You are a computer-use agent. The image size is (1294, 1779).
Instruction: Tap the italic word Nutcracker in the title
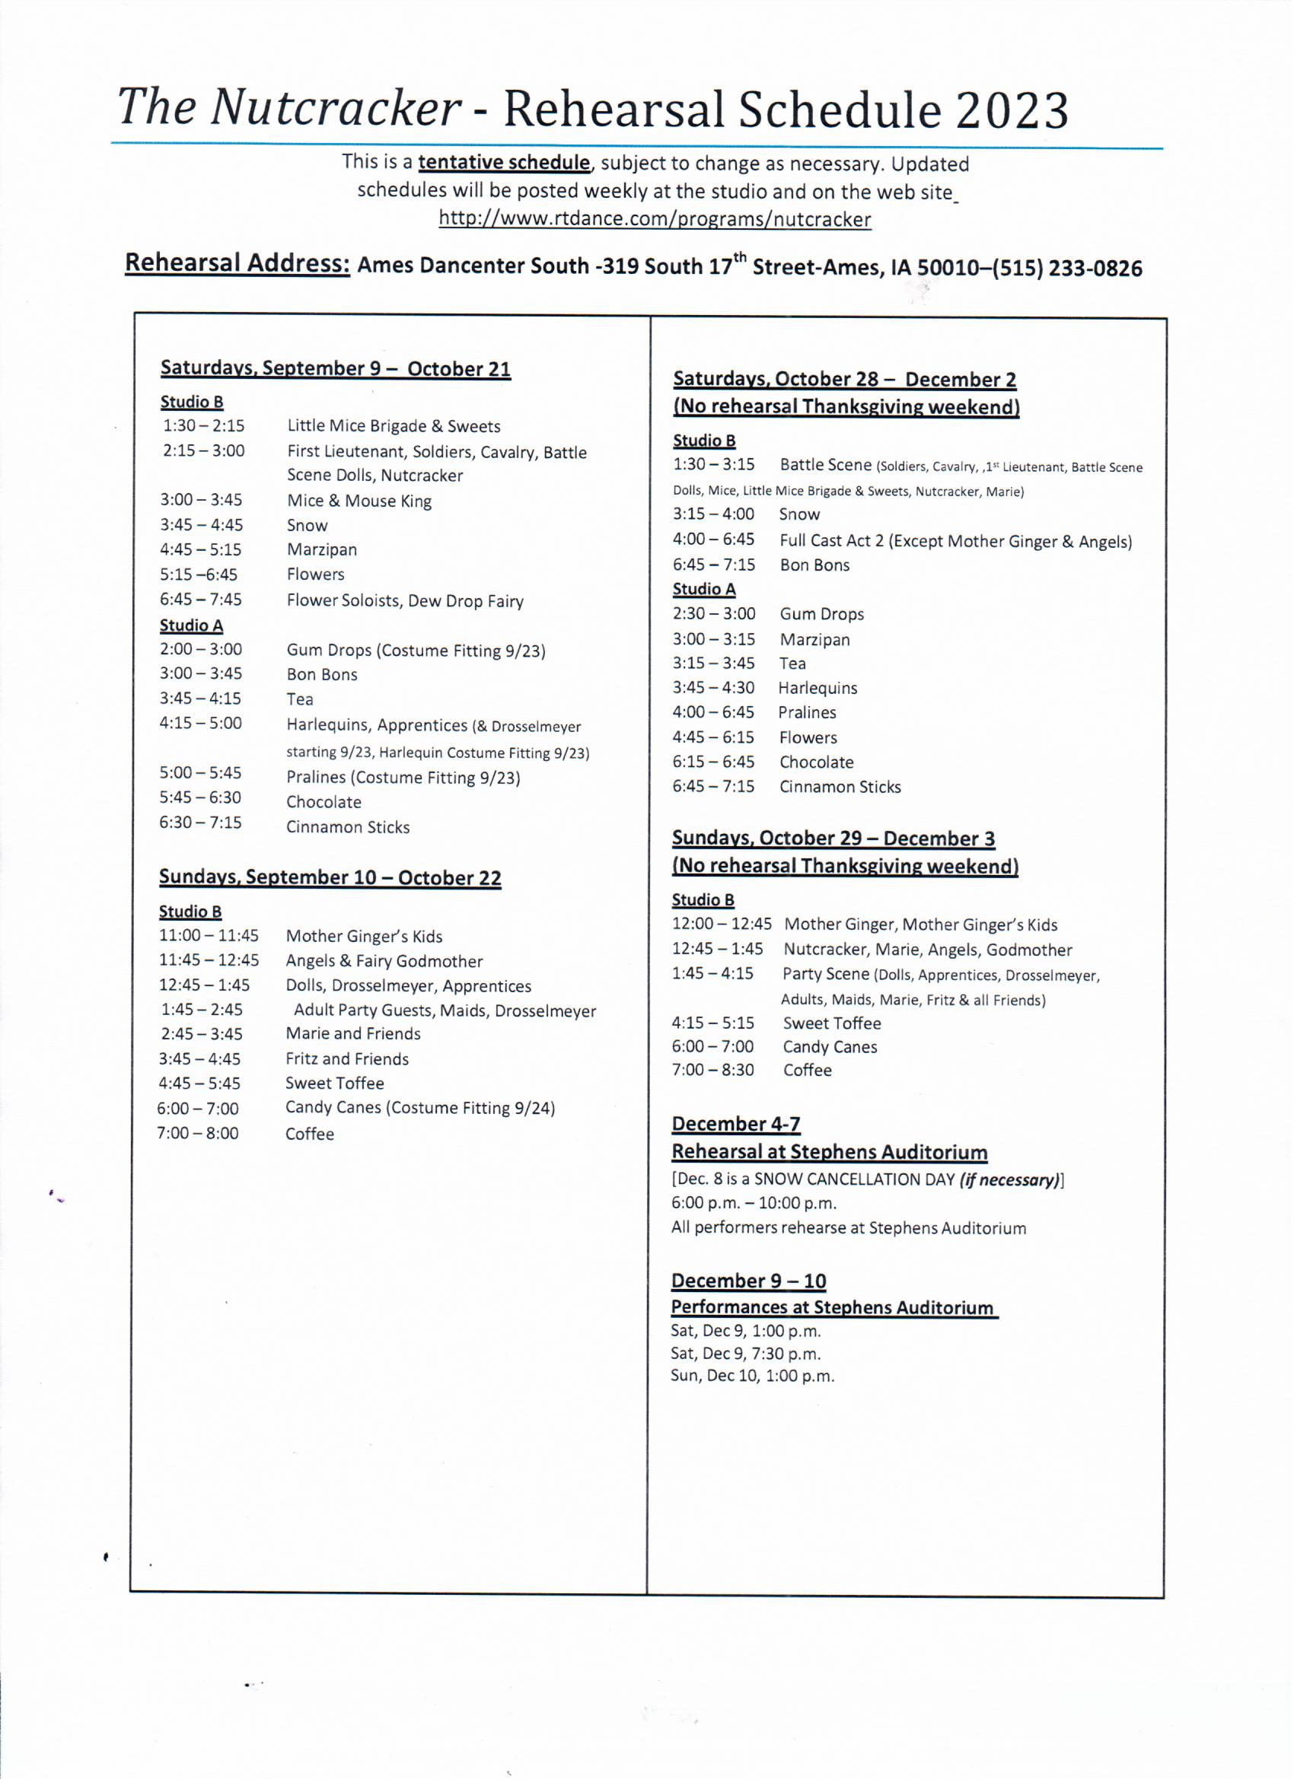(x=335, y=107)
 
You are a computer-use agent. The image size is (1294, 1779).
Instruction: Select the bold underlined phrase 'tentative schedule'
(x=504, y=162)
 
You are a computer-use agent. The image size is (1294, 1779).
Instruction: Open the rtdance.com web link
(x=655, y=219)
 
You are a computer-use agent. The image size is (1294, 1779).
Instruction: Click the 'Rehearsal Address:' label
(x=237, y=263)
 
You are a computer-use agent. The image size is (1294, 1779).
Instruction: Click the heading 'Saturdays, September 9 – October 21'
(x=335, y=369)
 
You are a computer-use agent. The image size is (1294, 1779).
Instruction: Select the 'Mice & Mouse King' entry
(x=359, y=501)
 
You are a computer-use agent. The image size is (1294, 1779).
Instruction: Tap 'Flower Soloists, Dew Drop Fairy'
(x=405, y=601)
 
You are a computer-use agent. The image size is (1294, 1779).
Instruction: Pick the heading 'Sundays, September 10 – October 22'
(x=330, y=877)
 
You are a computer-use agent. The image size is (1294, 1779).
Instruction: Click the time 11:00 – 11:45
(x=209, y=936)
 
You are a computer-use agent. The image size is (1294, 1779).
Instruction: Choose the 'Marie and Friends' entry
(x=353, y=1034)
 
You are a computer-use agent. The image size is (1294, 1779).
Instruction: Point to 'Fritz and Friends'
(x=347, y=1059)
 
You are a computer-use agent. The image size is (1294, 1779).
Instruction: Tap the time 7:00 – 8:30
(x=712, y=1070)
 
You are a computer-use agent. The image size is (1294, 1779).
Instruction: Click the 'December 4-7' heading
(x=735, y=1124)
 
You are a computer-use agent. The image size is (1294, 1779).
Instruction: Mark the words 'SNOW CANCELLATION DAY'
(x=854, y=1179)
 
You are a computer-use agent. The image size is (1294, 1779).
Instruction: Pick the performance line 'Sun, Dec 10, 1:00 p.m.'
(x=752, y=1376)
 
